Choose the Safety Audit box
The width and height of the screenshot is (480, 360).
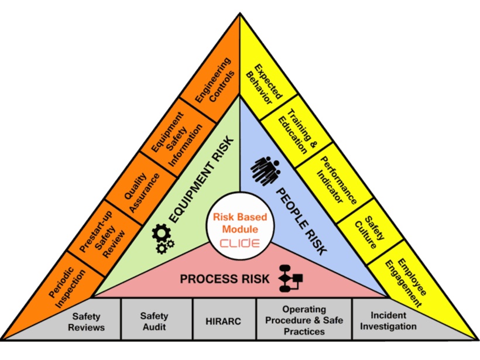coord(154,321)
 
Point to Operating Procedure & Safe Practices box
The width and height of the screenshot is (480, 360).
coord(303,320)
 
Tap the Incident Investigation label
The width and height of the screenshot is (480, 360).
coord(389,321)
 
